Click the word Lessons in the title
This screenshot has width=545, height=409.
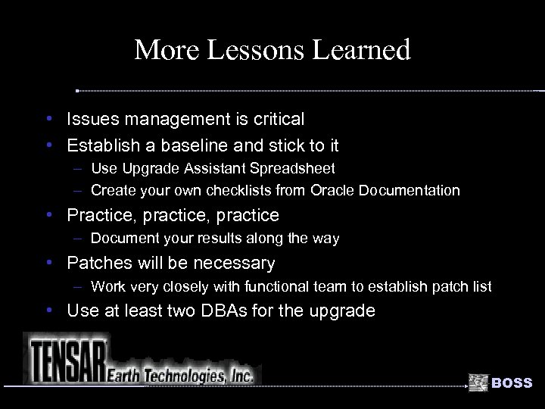tap(244, 50)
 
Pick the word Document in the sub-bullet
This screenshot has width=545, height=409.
tap(121, 239)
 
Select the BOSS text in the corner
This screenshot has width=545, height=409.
tap(512, 383)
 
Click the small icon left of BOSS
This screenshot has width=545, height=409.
tap(478, 382)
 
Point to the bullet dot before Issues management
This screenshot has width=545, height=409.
tap(48, 119)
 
